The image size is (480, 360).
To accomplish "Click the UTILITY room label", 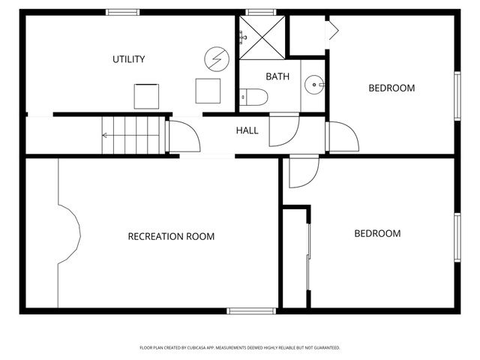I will click(128, 59).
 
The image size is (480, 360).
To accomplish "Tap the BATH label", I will click(277, 76).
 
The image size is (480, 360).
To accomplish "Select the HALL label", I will click(247, 130).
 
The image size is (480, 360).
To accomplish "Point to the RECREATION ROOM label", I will click(171, 236).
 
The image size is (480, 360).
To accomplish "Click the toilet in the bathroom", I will click(253, 97).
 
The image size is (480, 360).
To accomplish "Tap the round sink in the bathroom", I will click(313, 85).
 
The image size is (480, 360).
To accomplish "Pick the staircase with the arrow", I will click(132, 136).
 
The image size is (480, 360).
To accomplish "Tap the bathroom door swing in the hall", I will click(283, 129).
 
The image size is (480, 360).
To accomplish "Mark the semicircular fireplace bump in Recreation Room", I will click(70, 235).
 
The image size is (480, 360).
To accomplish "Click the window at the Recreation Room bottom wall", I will click(251, 310).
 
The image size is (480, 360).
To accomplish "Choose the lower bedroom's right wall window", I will click(457, 237).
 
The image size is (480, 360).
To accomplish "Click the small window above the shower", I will click(259, 12).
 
